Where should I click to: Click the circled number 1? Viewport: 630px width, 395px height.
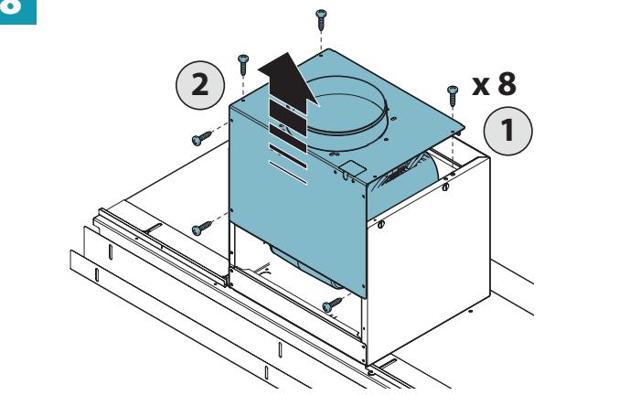[507, 131]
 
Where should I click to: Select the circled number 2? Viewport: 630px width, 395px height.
[200, 85]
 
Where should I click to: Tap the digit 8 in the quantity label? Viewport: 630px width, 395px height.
[507, 84]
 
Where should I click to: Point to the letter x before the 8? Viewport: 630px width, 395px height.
[481, 86]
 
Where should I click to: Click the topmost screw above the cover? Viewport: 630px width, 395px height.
[321, 19]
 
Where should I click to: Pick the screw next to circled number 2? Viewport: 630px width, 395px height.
[243, 64]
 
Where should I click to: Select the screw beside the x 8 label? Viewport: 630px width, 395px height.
[453, 96]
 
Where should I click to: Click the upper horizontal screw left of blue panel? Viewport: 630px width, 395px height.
[202, 138]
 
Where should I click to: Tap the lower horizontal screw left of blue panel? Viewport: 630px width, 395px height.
[202, 228]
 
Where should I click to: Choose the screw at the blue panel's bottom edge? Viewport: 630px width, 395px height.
[332, 305]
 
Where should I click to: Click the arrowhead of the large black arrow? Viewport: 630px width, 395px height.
[288, 80]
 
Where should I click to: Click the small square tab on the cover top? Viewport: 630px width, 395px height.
[352, 167]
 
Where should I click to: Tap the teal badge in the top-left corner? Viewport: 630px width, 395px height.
[18, 12]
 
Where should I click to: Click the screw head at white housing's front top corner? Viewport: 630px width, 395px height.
[381, 224]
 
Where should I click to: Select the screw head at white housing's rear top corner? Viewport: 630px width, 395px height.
[445, 187]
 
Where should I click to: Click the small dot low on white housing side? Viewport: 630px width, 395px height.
[471, 311]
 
